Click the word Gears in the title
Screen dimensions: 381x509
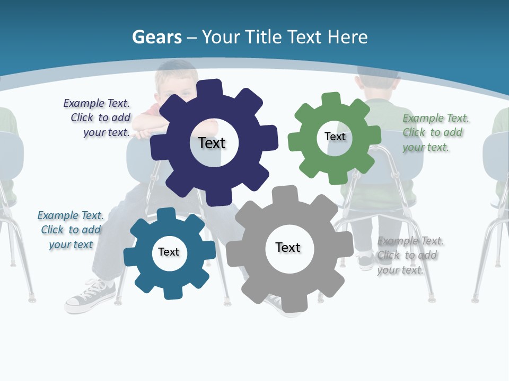157,37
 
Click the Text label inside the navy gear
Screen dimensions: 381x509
212,143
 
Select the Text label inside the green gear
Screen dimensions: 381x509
335,137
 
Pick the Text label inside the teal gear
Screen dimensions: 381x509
169,252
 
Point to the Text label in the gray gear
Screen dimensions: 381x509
288,247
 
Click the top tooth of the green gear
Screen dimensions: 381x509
331,99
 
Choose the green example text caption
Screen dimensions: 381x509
435,132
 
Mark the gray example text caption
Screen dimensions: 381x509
409,255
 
